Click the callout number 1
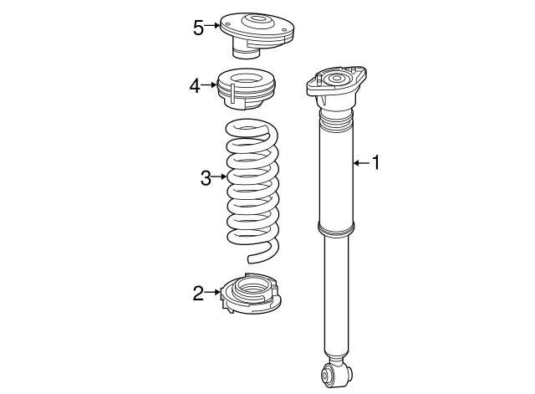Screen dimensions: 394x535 [375, 163]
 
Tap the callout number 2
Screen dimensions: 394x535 [198, 293]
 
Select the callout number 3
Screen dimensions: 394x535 [206, 177]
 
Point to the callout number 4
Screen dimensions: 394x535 [195, 85]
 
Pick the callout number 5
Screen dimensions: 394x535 [198, 27]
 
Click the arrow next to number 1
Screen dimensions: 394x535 [360, 163]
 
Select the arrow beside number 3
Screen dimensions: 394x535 [219, 177]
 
